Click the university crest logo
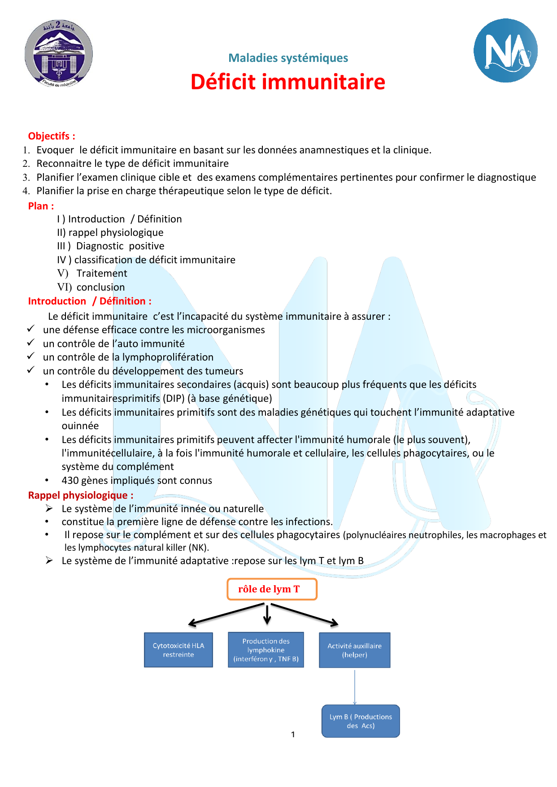click(59, 53)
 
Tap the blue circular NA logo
click(505, 51)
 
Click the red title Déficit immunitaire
click(288, 82)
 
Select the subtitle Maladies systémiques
click(288, 58)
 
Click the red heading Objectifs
click(52, 136)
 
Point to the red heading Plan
click(41, 206)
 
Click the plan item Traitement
click(101, 274)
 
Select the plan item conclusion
click(100, 287)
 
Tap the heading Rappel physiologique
click(80, 496)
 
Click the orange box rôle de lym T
click(272, 589)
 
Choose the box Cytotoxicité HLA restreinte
click(178, 650)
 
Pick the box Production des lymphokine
click(266, 650)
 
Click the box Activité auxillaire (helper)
click(354, 650)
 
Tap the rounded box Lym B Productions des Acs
click(361, 721)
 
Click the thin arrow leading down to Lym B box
click(355, 687)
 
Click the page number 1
click(293, 735)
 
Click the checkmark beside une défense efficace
click(30, 329)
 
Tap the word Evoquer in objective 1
click(55, 150)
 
